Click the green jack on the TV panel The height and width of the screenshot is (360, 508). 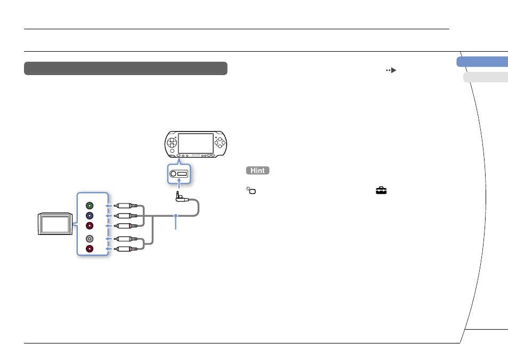point(90,206)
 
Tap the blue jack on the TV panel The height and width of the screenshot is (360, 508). point(90,216)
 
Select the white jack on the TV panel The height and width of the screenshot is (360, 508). point(90,239)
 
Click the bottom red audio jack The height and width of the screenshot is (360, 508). point(90,249)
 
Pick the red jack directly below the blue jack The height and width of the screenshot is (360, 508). point(90,226)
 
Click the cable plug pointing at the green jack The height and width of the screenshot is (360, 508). point(126,206)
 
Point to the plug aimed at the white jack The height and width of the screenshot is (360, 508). point(126,239)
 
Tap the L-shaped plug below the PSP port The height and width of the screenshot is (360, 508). point(181,197)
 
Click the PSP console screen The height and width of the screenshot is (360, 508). point(196,143)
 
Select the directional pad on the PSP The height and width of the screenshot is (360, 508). point(172,143)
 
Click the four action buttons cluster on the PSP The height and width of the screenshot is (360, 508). point(220,142)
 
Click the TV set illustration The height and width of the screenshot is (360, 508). point(55,224)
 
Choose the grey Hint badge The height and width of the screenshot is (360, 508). point(257,170)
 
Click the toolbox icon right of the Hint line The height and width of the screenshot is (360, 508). point(381,190)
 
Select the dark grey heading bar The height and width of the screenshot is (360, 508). point(126,68)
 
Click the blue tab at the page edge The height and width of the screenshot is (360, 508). point(482,62)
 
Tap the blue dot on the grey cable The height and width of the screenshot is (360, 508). point(175,216)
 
